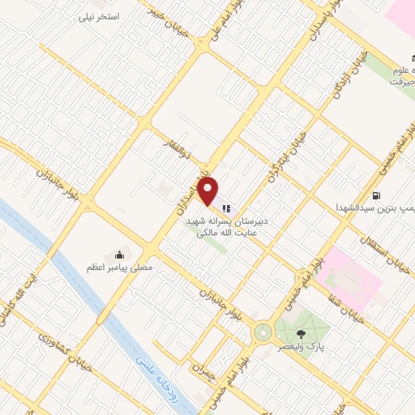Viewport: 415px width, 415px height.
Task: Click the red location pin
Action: coord(209,191)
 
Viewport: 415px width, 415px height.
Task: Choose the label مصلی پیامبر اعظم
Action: coord(121,267)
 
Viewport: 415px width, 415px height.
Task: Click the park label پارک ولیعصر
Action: coord(304,347)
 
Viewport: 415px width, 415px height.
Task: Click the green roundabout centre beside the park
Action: coord(263,332)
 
